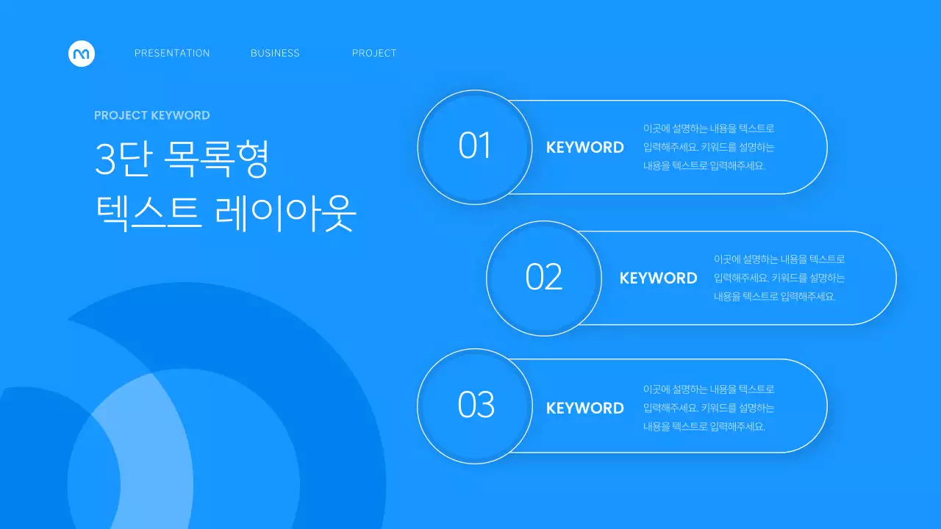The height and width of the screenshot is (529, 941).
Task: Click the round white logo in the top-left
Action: coord(82,53)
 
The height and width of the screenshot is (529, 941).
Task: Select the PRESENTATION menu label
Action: coord(172,53)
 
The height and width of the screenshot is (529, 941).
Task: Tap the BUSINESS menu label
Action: coord(275,53)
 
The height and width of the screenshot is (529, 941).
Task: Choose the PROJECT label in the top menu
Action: coord(374,53)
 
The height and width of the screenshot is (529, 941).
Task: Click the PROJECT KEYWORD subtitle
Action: coord(152,115)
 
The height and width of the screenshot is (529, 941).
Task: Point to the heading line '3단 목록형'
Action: coord(182,159)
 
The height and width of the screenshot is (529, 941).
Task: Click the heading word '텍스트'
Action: coord(148,214)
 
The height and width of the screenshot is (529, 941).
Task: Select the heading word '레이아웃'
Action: coord(286,214)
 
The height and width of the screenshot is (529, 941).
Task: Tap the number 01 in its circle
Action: coord(474,146)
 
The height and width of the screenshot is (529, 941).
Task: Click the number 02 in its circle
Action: coord(544,277)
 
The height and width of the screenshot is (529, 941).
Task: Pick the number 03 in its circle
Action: coord(476,405)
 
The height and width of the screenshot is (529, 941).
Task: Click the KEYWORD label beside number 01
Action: coord(585,148)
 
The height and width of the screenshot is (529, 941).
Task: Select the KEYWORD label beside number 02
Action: coord(659,278)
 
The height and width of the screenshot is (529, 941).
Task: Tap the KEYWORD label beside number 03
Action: coord(585,409)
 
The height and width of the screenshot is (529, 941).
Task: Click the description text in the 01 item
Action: coord(708,147)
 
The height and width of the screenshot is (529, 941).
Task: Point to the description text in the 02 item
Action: coord(779,278)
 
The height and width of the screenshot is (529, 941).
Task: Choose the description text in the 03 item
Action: coord(708,408)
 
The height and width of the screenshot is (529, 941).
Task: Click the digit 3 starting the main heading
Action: coord(105,159)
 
